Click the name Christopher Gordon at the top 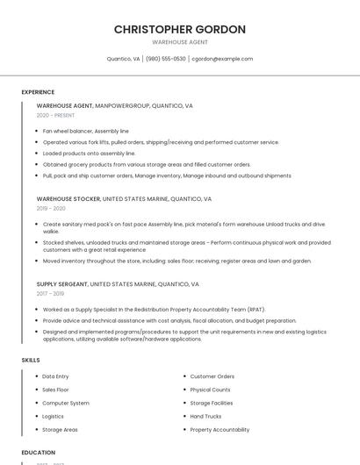click(179, 29)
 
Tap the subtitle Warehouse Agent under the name click(179, 42)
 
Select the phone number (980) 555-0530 click(166, 59)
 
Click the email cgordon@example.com click(222, 59)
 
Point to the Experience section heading click(38, 92)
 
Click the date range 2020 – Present click(55, 115)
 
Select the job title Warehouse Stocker click(68, 199)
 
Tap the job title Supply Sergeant click(61, 284)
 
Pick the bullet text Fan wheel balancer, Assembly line click(85, 131)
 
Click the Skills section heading click(31, 360)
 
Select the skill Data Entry click(55, 376)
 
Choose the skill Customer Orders click(212, 376)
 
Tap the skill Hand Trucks click(205, 417)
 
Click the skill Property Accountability click(220, 430)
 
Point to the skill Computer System click(66, 403)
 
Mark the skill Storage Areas click(60, 430)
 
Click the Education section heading click(38, 453)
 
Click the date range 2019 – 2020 click(51, 209)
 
